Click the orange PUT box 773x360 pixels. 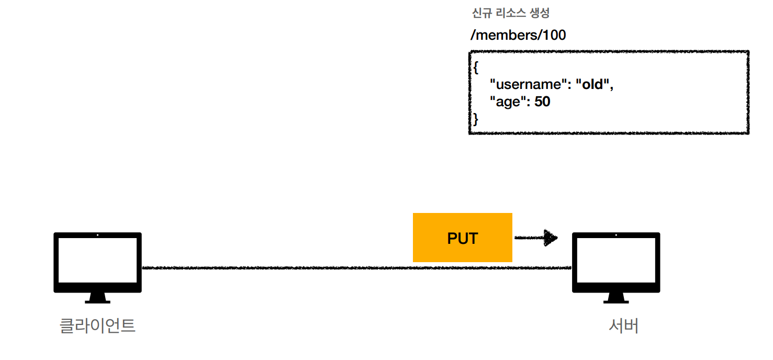click(x=462, y=238)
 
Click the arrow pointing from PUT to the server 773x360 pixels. click(x=536, y=238)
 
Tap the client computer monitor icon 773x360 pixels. click(x=97, y=262)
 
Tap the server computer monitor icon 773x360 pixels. click(x=616, y=262)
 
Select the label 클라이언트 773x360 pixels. click(x=97, y=325)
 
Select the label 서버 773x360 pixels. click(x=623, y=325)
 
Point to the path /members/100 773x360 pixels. click(x=518, y=35)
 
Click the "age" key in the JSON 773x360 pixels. click(x=507, y=102)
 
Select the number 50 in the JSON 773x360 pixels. click(x=542, y=102)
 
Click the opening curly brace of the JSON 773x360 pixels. click(x=476, y=68)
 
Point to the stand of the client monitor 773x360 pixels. click(x=97, y=298)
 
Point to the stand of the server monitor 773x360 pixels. click(x=616, y=298)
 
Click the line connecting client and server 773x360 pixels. click(x=277, y=268)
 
